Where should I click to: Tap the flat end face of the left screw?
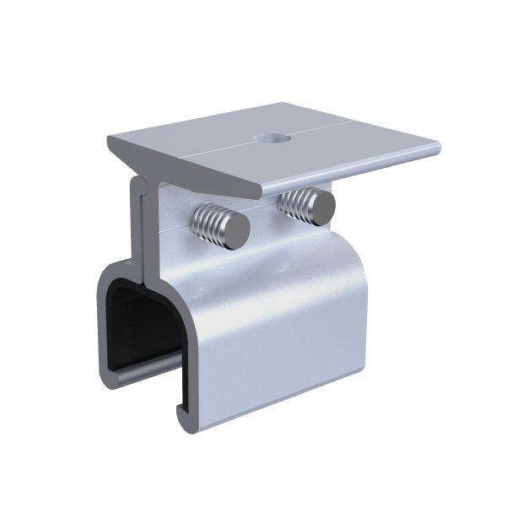237,228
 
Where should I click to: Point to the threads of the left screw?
210,221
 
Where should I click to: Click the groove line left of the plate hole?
228,146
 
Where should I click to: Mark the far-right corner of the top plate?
440,150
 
